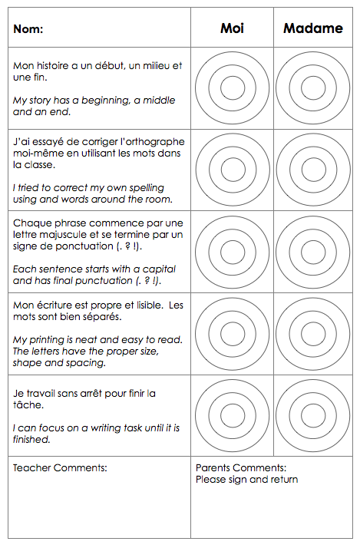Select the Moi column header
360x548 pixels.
coord(232,28)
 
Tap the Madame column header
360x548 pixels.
coord(312,28)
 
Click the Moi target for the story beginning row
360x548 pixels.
coord(232,88)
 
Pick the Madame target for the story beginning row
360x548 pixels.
coord(312,88)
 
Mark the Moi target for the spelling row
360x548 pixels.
coord(232,170)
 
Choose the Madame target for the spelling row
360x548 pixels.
coord(312,170)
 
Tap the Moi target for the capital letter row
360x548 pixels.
coord(232,252)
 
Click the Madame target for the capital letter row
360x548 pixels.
coord(312,252)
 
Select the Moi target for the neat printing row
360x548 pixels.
coord(232,334)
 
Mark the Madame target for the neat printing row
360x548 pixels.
coord(312,334)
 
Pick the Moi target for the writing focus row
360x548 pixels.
coord(232,416)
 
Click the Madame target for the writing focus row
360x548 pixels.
coord(312,416)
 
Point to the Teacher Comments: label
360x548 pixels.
coord(60,467)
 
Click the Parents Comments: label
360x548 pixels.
coord(241,467)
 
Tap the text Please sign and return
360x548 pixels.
coord(247,480)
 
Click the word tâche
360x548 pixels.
coord(28,405)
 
